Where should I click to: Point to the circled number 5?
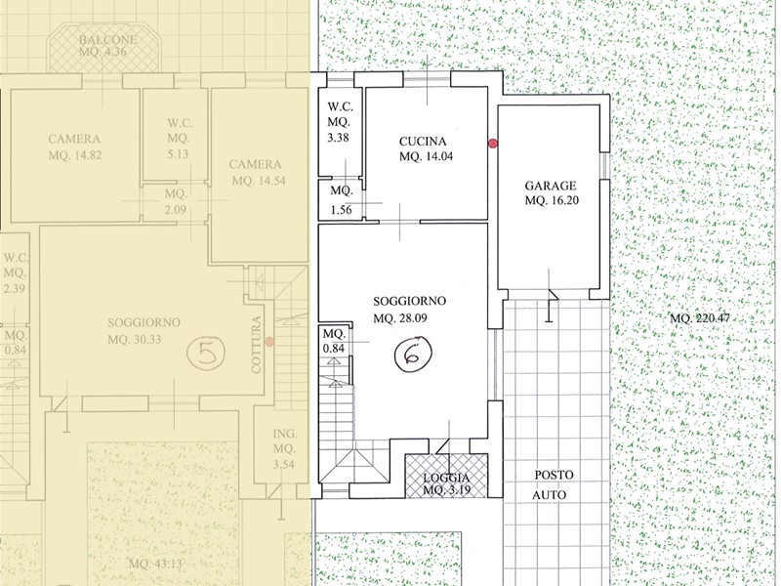[204, 349]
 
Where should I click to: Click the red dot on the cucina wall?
[493, 144]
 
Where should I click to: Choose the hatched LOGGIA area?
[446, 479]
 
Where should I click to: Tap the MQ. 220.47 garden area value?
[701, 319]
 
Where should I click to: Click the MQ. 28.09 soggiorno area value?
[402, 316]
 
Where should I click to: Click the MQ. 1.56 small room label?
[341, 199]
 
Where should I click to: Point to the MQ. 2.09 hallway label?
[175, 201]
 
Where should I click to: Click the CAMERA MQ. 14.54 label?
[258, 172]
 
